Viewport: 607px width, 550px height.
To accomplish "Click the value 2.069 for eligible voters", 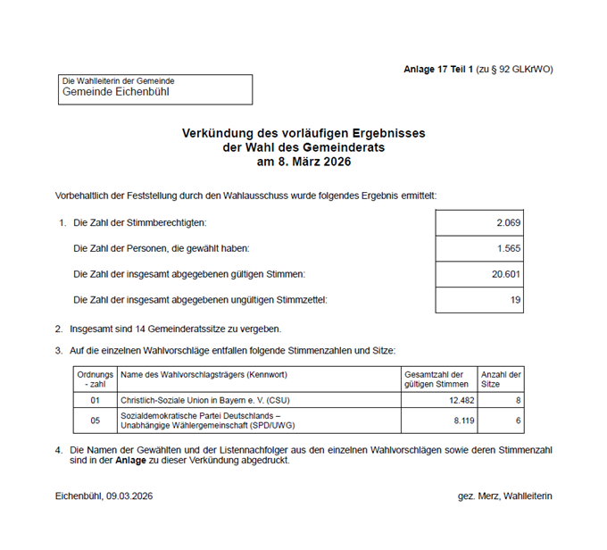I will [x=508, y=222].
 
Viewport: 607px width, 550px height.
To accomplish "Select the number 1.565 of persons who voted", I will [x=508, y=248].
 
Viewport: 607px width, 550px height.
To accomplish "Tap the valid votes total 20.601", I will [x=505, y=274].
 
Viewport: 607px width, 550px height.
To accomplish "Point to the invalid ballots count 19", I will [x=515, y=300].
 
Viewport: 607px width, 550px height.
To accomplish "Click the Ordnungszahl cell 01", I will [x=95, y=400].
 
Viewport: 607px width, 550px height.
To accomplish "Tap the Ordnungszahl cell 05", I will [x=95, y=420].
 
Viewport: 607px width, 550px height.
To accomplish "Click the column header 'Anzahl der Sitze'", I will [x=501, y=379].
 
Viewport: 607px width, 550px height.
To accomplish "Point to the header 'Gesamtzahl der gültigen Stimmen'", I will [x=435, y=379].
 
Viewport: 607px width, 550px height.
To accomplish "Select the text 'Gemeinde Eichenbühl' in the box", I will [x=115, y=92].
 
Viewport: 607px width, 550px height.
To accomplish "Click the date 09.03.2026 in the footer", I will [x=129, y=496].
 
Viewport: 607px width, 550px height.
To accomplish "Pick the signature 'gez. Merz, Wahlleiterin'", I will [x=503, y=496].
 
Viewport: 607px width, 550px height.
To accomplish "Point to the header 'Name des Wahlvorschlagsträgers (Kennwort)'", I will [x=204, y=374].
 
